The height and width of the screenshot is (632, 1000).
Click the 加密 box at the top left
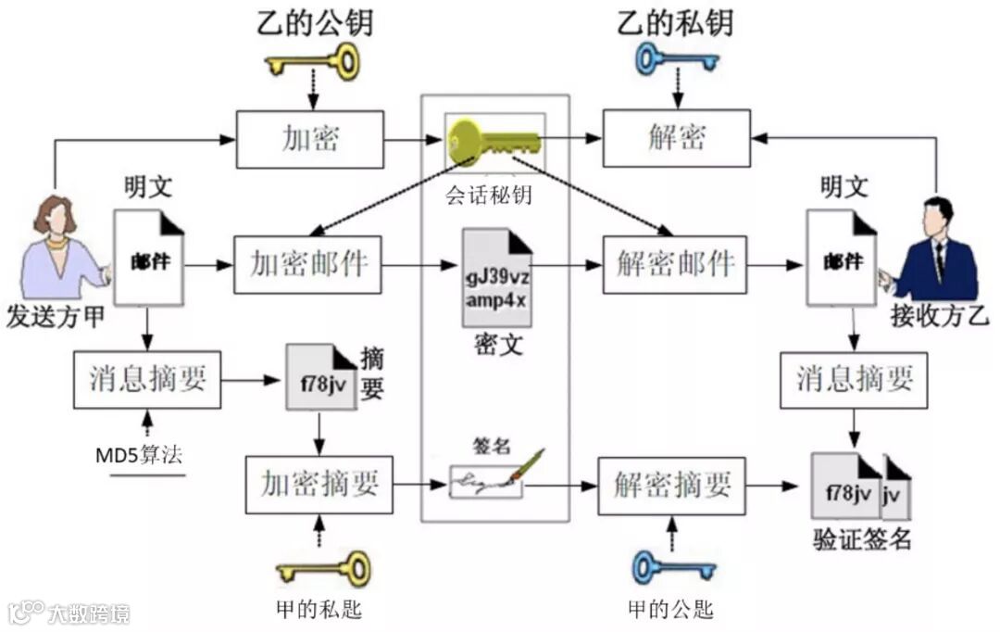pyautogui.click(x=309, y=139)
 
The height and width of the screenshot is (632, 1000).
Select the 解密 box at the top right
pyautogui.click(x=677, y=139)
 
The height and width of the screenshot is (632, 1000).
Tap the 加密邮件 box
pyautogui.click(x=308, y=265)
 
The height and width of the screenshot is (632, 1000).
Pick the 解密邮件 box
pyautogui.click(x=675, y=265)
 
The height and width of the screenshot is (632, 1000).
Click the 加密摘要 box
pyautogui.click(x=319, y=485)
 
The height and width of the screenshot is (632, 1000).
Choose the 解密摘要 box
pyautogui.click(x=671, y=485)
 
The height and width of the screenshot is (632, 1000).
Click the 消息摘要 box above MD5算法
pyautogui.click(x=147, y=380)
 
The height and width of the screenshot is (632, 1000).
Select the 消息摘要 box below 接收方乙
pyautogui.click(x=855, y=380)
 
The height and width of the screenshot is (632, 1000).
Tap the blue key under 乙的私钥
pyautogui.click(x=675, y=62)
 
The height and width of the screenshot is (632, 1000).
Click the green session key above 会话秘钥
pyautogui.click(x=494, y=143)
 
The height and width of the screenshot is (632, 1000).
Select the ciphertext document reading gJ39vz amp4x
pyautogui.click(x=497, y=279)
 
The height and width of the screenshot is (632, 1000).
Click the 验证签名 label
pyautogui.click(x=862, y=539)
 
